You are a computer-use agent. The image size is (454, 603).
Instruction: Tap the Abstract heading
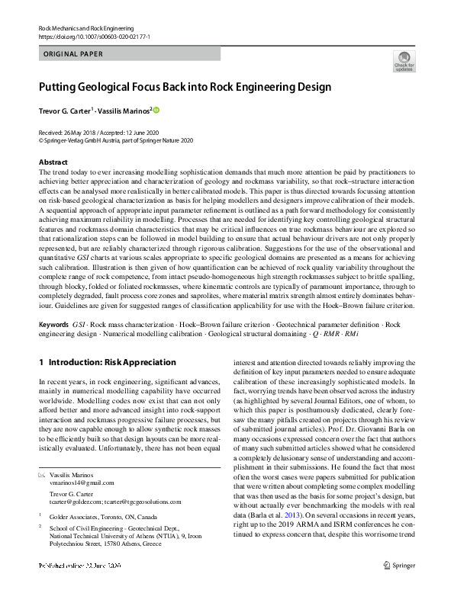click(53, 163)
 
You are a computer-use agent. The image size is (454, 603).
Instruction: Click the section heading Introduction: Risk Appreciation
click(112, 362)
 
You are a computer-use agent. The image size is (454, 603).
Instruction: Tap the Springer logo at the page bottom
click(404, 588)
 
